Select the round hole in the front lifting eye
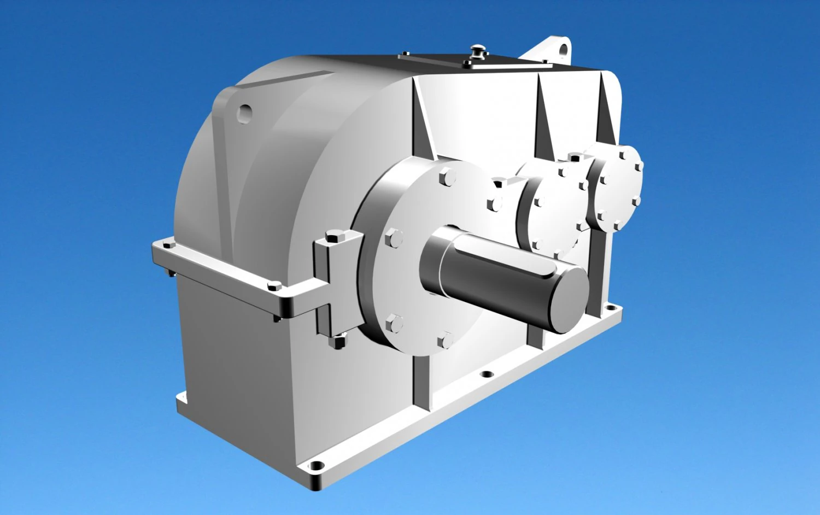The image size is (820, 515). point(244,112)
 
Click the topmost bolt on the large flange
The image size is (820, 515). point(447,177)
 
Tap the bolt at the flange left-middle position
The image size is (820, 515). point(394,238)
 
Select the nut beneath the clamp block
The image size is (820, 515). point(338,342)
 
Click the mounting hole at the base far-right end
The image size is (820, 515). point(611,308)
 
